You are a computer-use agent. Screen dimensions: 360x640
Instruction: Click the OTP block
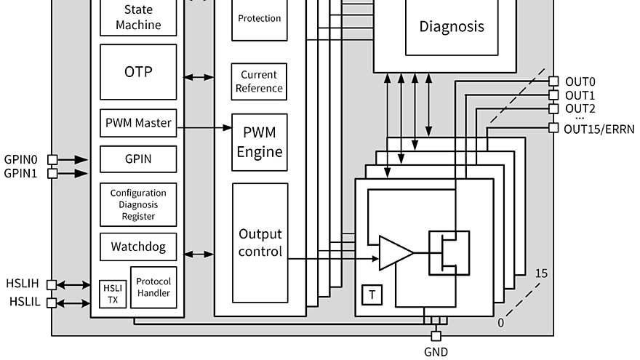point(138,72)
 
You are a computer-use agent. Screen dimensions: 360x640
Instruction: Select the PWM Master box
point(138,123)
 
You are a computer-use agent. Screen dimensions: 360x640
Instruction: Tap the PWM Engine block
point(260,143)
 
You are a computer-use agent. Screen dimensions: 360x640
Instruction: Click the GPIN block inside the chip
point(138,158)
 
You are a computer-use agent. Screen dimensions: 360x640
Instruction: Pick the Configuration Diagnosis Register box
point(138,204)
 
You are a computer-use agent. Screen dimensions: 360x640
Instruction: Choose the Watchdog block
point(138,247)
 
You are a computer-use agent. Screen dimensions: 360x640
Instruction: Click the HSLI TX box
point(113,294)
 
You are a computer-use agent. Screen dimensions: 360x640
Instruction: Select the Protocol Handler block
point(153,287)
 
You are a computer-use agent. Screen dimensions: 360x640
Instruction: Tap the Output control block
point(260,243)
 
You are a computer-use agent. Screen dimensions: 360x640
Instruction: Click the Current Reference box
point(258,81)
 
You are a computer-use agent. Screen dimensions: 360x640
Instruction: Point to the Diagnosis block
point(451,27)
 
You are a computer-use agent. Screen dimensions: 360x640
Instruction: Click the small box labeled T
point(372,295)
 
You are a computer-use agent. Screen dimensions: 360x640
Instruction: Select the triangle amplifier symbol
point(394,253)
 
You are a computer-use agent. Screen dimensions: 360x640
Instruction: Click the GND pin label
point(436,352)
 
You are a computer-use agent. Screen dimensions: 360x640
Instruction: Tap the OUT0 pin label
point(580,81)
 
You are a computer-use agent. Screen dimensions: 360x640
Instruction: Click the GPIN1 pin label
point(20,173)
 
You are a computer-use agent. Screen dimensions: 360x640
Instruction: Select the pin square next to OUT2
point(553,108)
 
